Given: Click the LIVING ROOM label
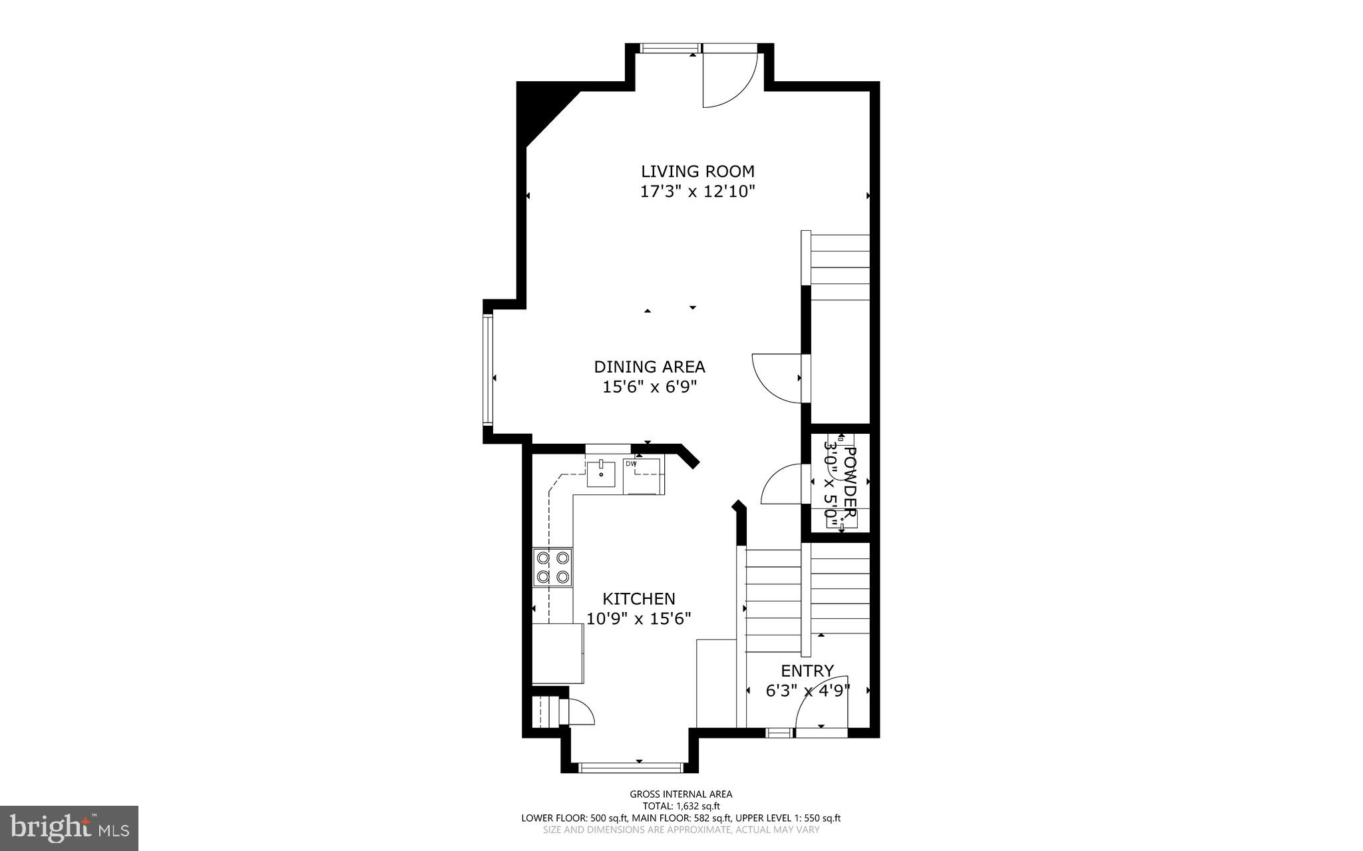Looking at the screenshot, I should pyautogui.click(x=697, y=172).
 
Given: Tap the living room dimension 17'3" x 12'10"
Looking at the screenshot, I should pyautogui.click(x=697, y=192).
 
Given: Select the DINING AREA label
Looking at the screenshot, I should pyautogui.click(x=649, y=367).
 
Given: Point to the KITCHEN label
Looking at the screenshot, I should pyautogui.click(x=638, y=598).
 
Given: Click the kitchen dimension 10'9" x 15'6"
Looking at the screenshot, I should pyautogui.click(x=638, y=619).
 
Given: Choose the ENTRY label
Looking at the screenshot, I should pyautogui.click(x=807, y=670).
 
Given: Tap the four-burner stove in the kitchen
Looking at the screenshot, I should pyautogui.click(x=552, y=568).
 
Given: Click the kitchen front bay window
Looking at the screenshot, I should pyautogui.click(x=631, y=768).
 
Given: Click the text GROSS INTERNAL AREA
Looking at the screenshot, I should pyautogui.click(x=681, y=794).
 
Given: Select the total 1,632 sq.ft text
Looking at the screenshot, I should pyautogui.click(x=681, y=806).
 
